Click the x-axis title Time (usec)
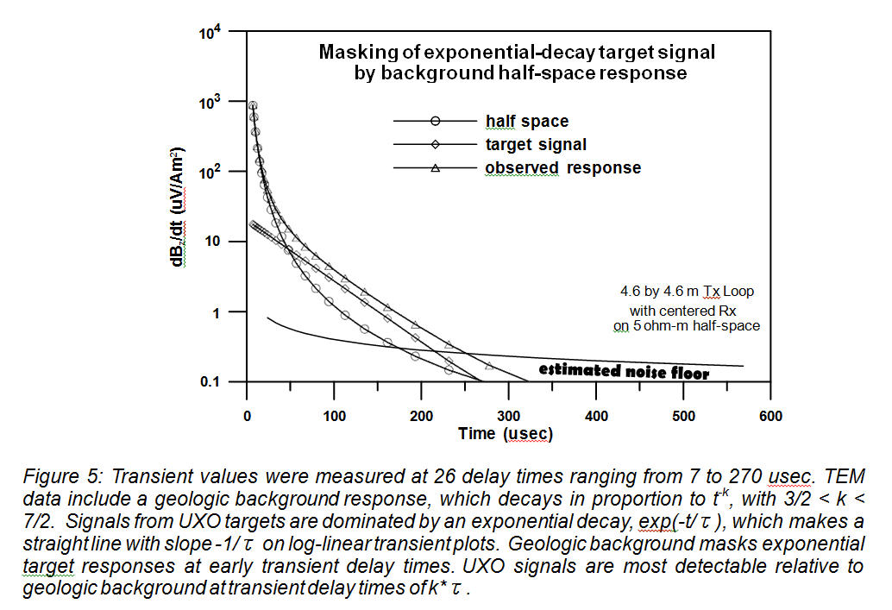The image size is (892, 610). tap(506, 434)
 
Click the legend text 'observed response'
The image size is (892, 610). tap(562, 168)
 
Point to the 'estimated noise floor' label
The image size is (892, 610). tap(624, 372)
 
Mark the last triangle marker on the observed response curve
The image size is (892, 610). tap(489, 366)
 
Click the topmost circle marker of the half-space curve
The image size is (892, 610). tap(253, 106)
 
